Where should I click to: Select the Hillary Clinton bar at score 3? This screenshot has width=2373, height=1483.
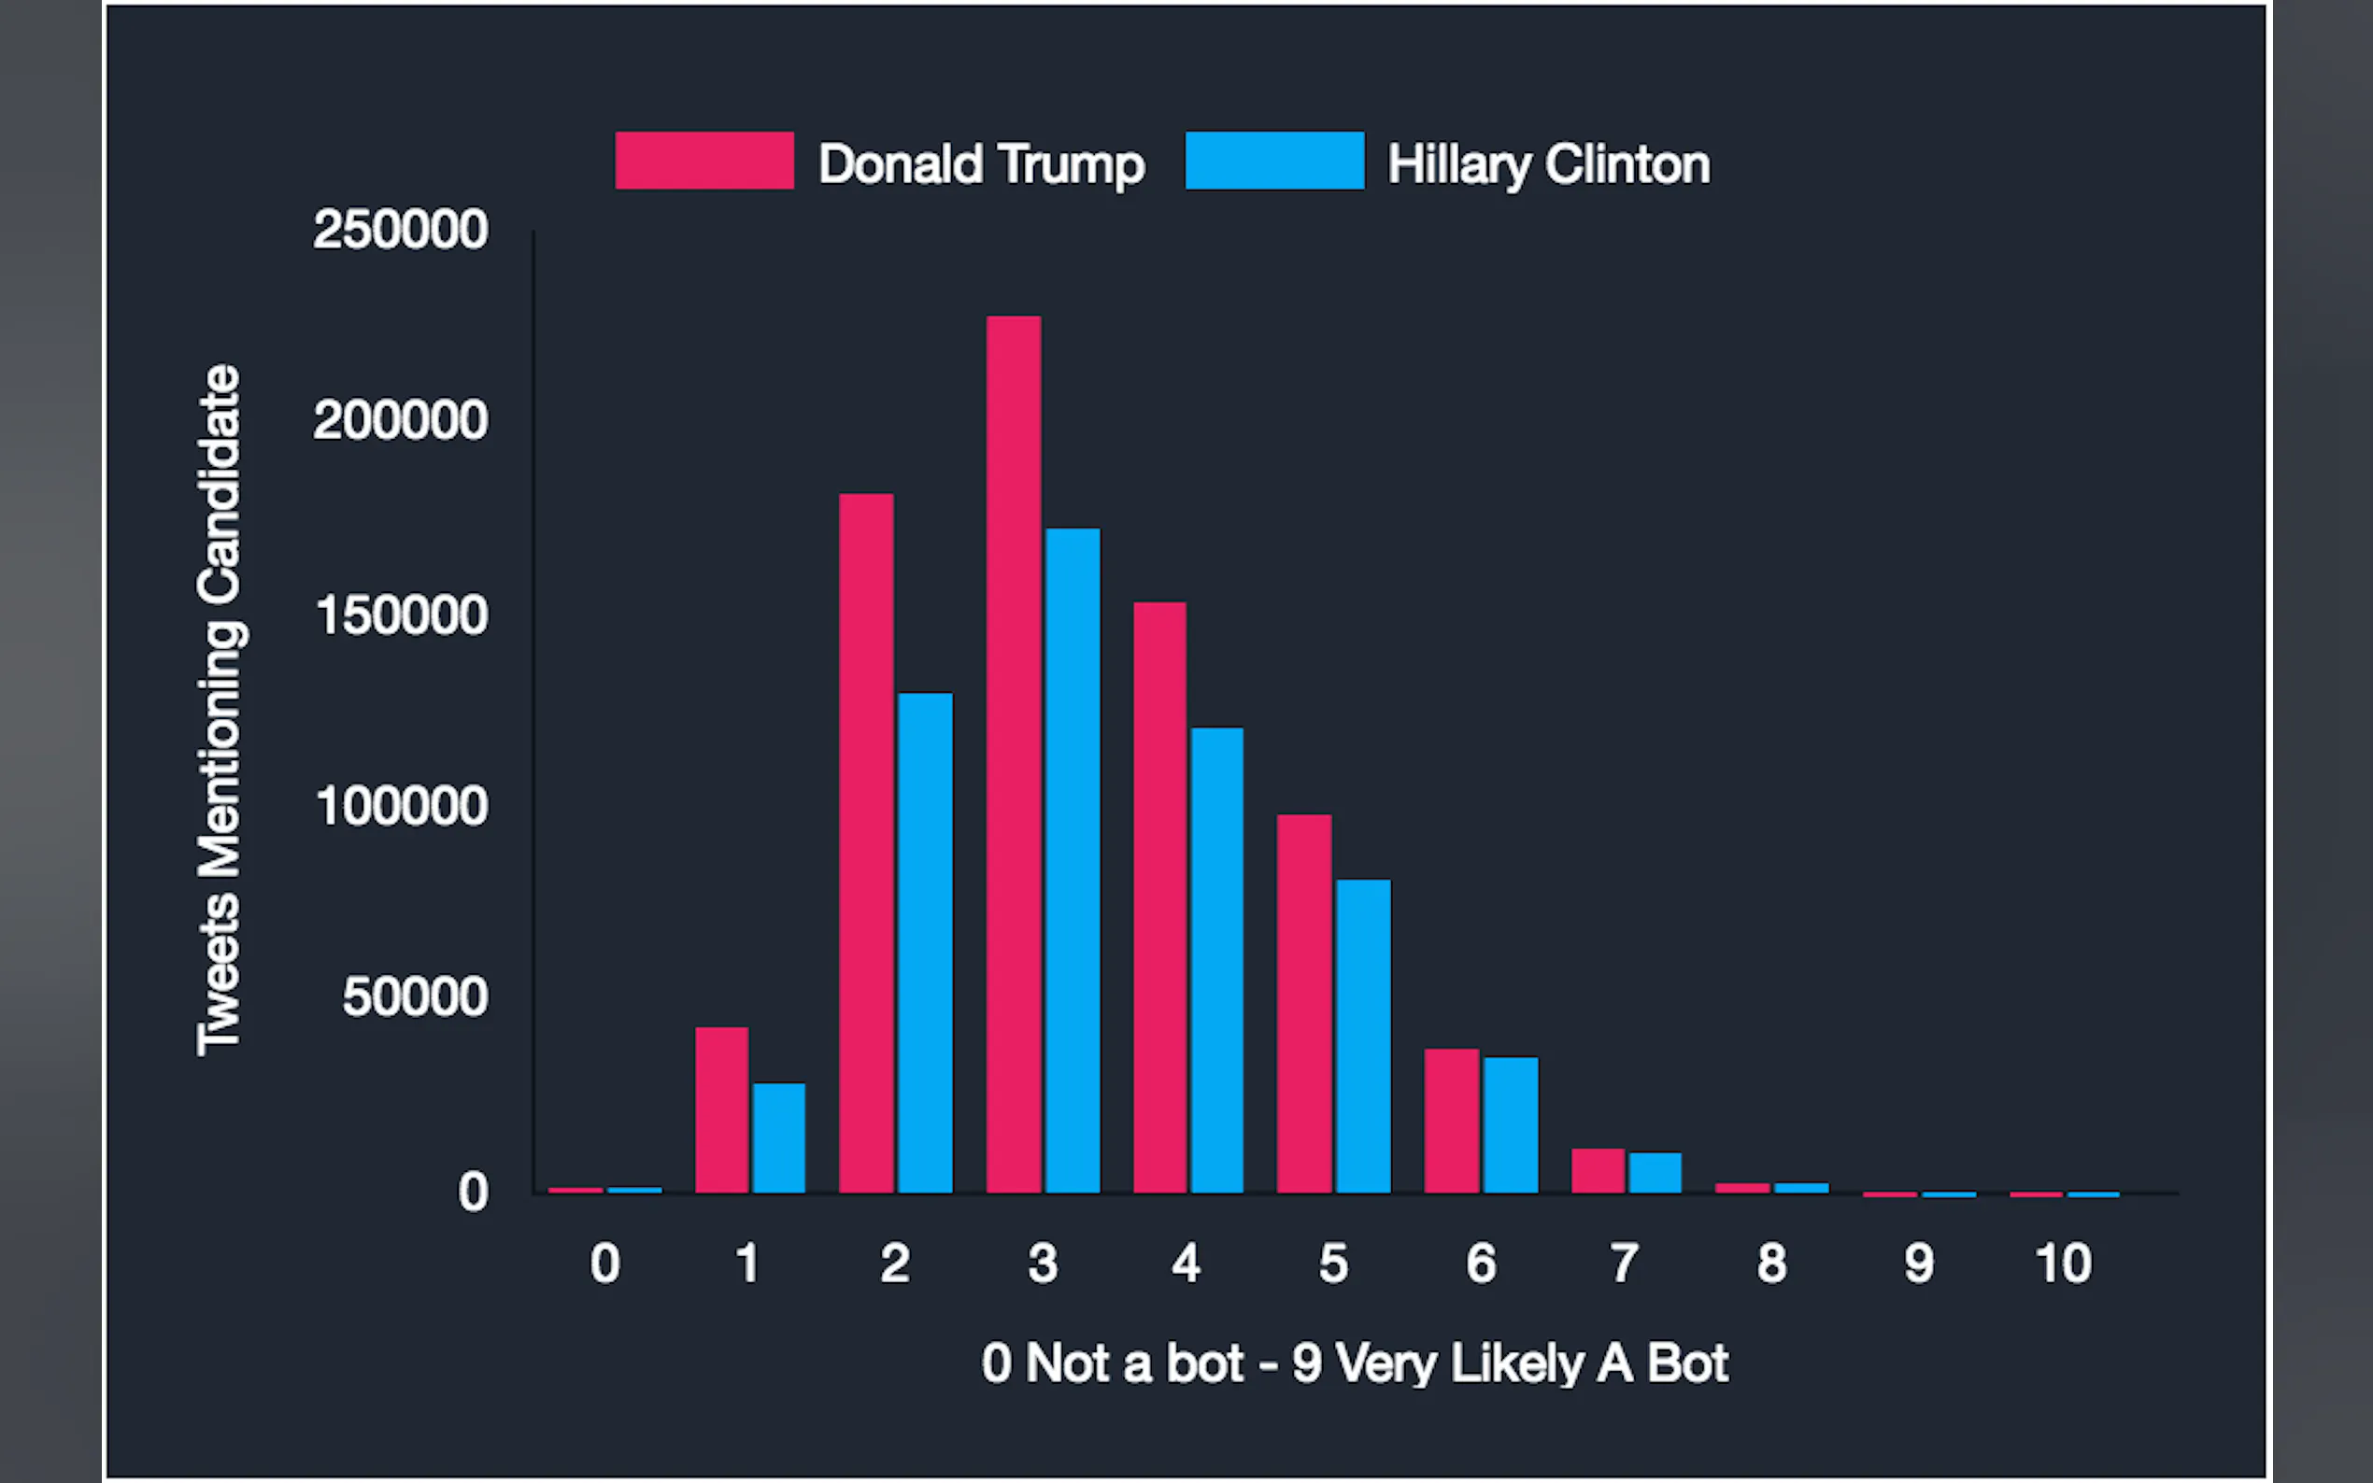[1073, 860]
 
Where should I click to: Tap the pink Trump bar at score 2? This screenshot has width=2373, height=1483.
[866, 842]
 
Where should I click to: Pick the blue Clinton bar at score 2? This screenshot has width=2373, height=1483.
[924, 942]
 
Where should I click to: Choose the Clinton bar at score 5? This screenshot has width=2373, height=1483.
[1362, 1036]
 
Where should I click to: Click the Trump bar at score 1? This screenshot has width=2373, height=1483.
[721, 1109]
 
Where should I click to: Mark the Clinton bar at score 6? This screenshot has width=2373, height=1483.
[1510, 1124]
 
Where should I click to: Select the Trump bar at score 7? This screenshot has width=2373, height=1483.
[1597, 1170]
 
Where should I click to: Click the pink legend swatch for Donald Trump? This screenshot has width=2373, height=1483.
[704, 160]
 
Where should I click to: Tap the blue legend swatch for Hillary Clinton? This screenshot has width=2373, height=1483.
[1274, 160]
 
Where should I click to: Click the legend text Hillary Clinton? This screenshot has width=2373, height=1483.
[1548, 163]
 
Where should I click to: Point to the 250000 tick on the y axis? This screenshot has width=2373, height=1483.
[400, 230]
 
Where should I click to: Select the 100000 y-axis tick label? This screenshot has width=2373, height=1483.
[401, 806]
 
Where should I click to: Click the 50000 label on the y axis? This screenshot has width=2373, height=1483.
[414, 997]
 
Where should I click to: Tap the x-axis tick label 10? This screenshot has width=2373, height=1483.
[2063, 1264]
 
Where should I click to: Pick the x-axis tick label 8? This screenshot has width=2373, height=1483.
[1771, 1264]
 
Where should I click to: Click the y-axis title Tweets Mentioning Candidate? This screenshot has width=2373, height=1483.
[220, 710]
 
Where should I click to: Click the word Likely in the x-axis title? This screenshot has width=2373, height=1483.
[1516, 1363]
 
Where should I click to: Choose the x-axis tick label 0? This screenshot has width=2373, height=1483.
[604, 1264]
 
